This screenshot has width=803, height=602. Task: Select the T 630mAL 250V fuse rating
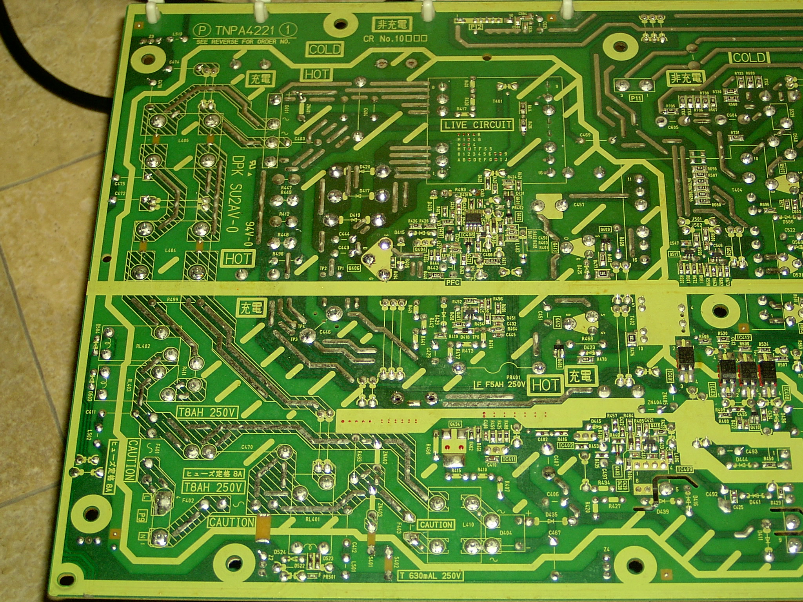coord(431,576)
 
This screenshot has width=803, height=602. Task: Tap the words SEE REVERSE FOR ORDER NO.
coord(243,42)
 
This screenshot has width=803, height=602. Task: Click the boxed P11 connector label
coord(635,98)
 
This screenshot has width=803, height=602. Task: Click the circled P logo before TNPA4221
coord(201,30)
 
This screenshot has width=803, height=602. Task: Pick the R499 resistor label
coord(172,299)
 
